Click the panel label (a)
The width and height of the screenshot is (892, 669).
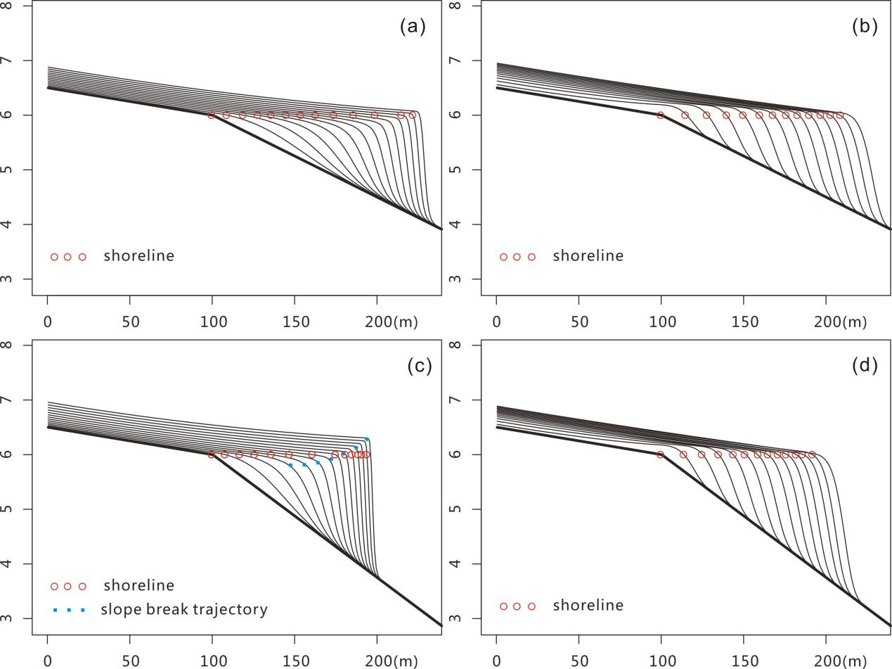(x=413, y=27)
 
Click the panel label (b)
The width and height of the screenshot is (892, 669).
(x=865, y=27)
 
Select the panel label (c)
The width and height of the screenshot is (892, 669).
(x=419, y=366)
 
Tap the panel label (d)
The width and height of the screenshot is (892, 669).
(x=865, y=366)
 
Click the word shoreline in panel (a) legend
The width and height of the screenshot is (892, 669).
(x=138, y=256)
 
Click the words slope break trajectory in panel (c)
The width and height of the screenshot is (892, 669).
(x=184, y=609)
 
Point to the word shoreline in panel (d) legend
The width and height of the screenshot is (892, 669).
(x=588, y=606)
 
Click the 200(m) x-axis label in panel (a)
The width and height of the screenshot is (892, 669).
(x=391, y=322)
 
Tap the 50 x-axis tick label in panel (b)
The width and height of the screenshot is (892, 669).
(x=578, y=322)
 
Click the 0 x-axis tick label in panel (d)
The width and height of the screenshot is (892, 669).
(x=496, y=661)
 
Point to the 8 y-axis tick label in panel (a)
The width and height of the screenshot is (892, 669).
(x=27, y=6)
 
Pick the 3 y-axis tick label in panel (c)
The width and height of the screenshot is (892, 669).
(x=27, y=618)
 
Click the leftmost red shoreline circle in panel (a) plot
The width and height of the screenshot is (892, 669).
(x=211, y=115)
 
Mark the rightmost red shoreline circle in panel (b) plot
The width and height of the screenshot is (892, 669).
(x=839, y=115)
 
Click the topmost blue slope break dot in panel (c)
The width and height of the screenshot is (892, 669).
(x=367, y=439)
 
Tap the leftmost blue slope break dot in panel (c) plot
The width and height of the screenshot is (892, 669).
(x=290, y=465)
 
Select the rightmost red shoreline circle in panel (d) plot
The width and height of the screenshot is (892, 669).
(x=812, y=454)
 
